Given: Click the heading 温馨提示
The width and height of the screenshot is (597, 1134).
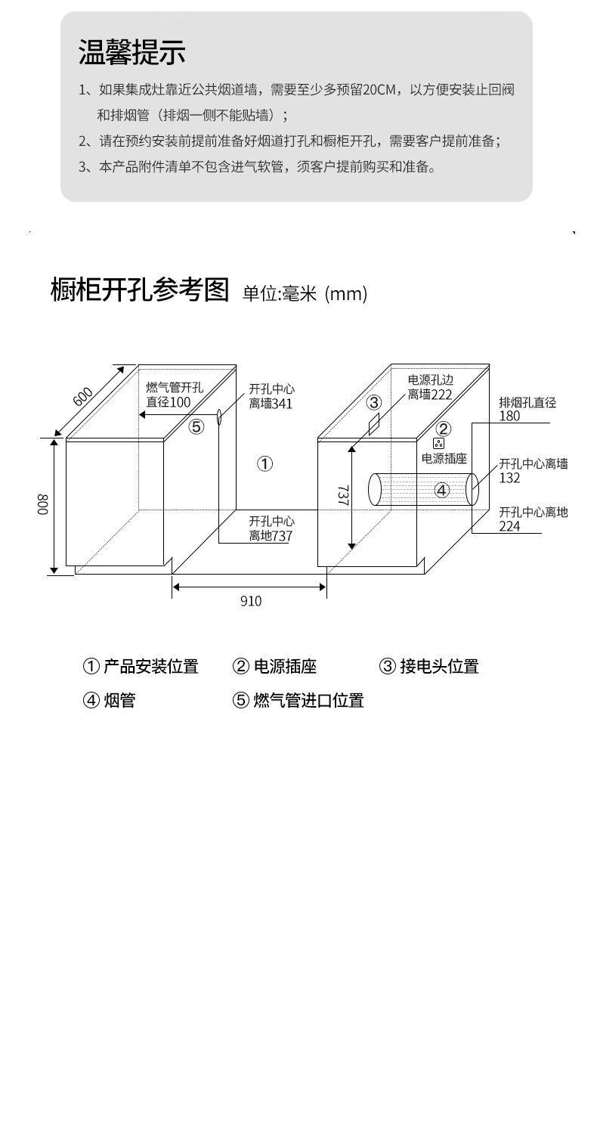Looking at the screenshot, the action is point(132,52).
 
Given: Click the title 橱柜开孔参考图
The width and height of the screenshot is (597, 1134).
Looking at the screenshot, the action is point(139,290).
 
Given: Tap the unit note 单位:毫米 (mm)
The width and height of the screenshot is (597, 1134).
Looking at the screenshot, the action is point(305,293).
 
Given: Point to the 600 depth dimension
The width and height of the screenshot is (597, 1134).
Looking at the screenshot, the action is point(83,396).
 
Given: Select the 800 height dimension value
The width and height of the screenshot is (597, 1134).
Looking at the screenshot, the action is point(43,505).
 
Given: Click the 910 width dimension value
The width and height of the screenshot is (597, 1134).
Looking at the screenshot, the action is point(251,601).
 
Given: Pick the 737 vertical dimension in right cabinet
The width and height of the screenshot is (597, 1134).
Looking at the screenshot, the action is point(342,495).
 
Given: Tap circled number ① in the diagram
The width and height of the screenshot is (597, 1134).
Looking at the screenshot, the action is point(264,464).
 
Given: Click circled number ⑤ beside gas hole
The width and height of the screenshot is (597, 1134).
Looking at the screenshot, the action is point(196,427).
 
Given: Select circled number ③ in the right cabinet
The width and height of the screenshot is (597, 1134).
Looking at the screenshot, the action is point(374,402).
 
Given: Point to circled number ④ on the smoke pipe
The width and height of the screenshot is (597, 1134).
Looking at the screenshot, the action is point(442,490).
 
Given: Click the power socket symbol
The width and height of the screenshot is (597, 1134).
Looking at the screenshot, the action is point(438,443).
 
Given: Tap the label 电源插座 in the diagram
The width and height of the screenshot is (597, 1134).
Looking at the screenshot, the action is point(444,458).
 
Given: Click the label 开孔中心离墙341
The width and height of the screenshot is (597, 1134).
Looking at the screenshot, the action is point(271,396).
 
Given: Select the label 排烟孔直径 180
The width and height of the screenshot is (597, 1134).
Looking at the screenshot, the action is point(527,409).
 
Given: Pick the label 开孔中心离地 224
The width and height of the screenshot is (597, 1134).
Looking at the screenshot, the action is point(533,519).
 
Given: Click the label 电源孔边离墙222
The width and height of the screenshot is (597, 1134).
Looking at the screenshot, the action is point(430,387).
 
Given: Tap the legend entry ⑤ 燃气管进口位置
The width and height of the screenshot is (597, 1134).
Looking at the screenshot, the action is point(298,701).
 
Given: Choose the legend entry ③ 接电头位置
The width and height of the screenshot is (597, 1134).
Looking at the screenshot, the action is point(428,667).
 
